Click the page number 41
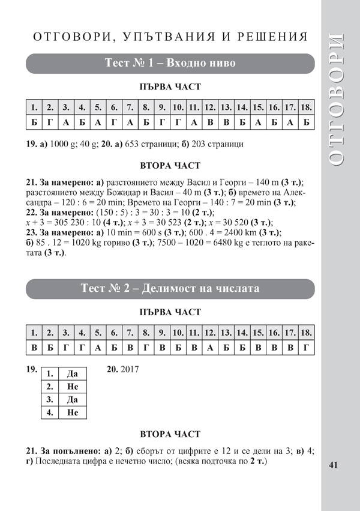pyautogui.click(x=335, y=465)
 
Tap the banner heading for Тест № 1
pyautogui.click(x=170, y=64)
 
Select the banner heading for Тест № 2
pyautogui.click(x=170, y=289)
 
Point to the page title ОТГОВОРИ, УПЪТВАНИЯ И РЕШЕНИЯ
pyautogui.click(x=170, y=37)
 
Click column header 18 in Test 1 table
pyautogui.click(x=306, y=108)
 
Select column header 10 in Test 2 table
pyautogui.click(x=178, y=333)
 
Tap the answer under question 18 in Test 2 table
pyautogui.click(x=306, y=348)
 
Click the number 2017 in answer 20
pyautogui.click(x=129, y=370)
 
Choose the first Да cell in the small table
pyautogui.click(x=73, y=373)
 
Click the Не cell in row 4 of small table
pyautogui.click(x=73, y=413)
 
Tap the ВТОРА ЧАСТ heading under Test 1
pyautogui.click(x=170, y=165)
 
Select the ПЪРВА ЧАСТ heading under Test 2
pyautogui.click(x=170, y=312)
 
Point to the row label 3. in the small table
pyautogui.click(x=50, y=399)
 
